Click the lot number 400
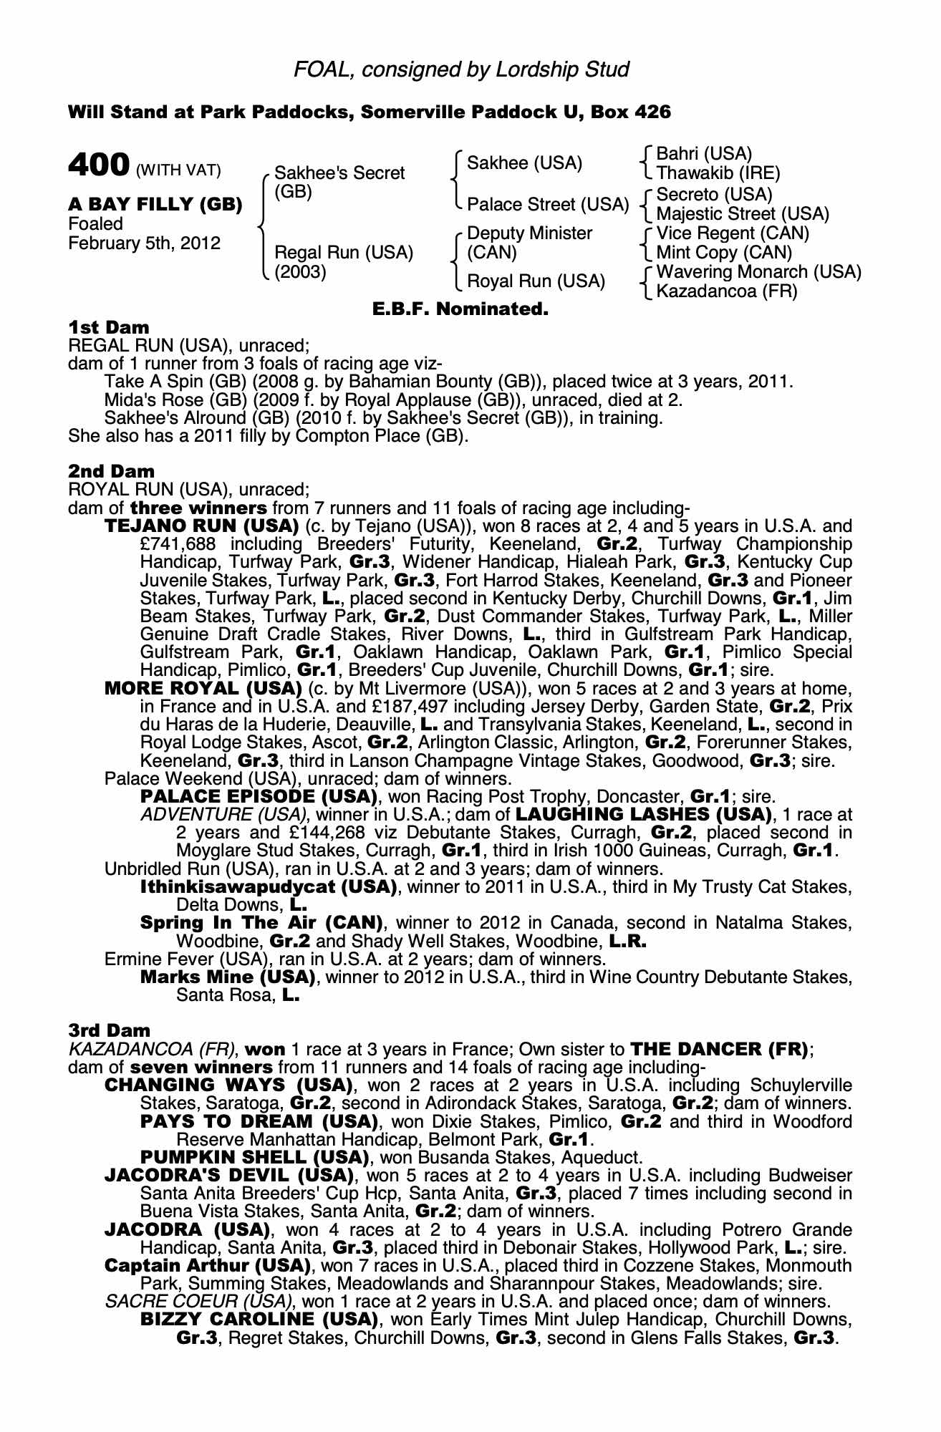click(98, 165)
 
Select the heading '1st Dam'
click(109, 327)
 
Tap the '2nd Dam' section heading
click(111, 471)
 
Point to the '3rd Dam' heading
click(110, 1030)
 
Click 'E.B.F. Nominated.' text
click(460, 309)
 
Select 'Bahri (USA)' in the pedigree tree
click(703, 154)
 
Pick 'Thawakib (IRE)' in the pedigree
click(718, 173)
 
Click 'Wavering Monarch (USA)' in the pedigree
click(758, 272)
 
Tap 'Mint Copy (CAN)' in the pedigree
click(724, 253)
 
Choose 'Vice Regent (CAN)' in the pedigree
click(733, 233)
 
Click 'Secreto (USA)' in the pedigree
click(714, 195)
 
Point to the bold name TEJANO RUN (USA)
click(201, 526)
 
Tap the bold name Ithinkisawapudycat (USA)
click(269, 887)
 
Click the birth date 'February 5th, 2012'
click(144, 243)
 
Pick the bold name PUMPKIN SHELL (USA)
click(254, 1157)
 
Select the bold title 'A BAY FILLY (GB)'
click(155, 205)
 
